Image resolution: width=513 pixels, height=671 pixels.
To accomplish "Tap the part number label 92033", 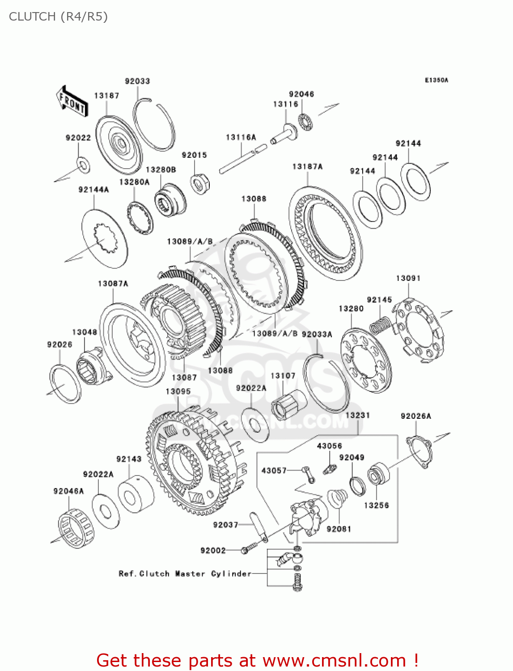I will pyautogui.click(x=137, y=81).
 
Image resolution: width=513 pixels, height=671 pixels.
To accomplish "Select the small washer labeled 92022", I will pyautogui.click(x=83, y=164).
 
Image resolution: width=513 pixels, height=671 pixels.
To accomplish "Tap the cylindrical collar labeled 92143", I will pyautogui.click(x=136, y=494).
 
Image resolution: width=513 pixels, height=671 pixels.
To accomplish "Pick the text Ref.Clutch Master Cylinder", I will pyautogui.click(x=185, y=573).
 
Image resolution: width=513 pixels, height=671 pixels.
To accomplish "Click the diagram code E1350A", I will pyautogui.click(x=436, y=80).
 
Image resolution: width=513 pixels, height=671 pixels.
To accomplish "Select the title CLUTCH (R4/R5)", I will pyautogui.click(x=58, y=17).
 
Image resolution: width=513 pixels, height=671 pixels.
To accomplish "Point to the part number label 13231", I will pyautogui.click(x=357, y=415).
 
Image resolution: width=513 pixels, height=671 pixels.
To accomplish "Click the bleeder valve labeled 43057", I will pyautogui.click(x=308, y=474).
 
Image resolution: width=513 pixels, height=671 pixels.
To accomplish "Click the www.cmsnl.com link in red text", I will pyautogui.click(x=334, y=660).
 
